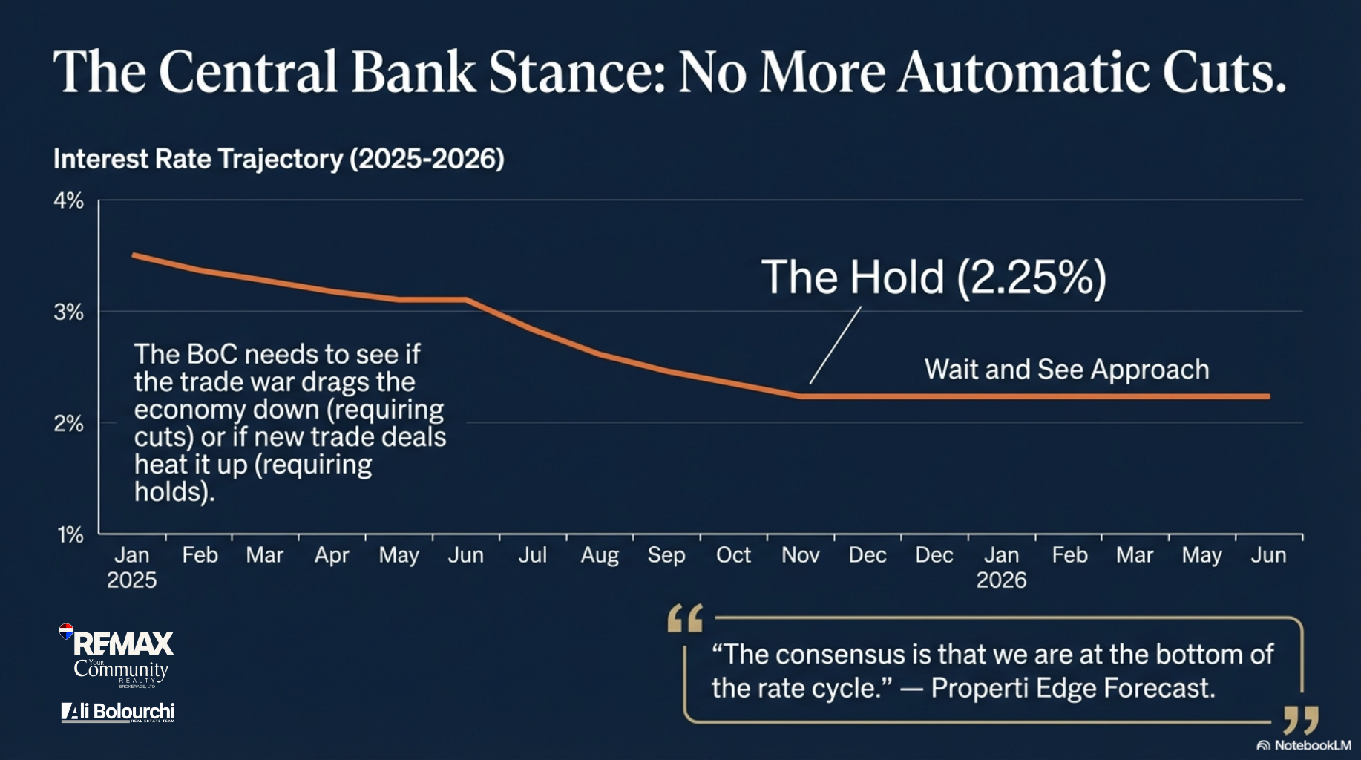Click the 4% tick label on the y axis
pos(68,201)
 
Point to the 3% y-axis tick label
pos(68,312)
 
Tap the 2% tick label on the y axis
pos(68,424)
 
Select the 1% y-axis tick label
pos(70,535)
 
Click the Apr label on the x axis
pos(332,555)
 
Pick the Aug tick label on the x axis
pos(600,555)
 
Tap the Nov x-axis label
pos(800,555)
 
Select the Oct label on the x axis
pos(733,555)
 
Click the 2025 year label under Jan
pos(131,580)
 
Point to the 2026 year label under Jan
pos(1001,580)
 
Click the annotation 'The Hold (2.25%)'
pos(933,278)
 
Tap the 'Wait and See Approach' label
pos(1066,370)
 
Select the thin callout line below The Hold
pos(835,346)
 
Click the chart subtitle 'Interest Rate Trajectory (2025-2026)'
pos(278,159)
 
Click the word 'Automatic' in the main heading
pos(1023,73)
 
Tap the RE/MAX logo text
pos(123,643)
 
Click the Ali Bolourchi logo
pos(118,712)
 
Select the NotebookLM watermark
pos(1304,745)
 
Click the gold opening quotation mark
pos(684,618)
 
